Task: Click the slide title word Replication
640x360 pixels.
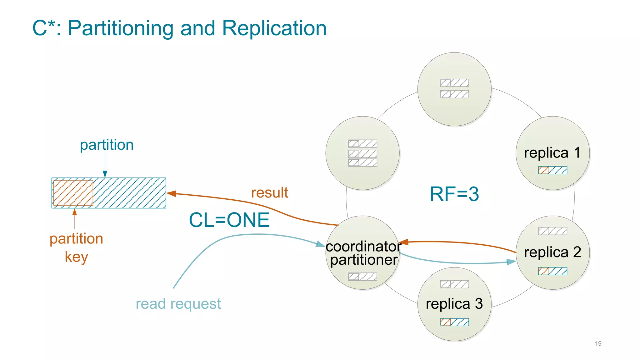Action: (x=274, y=28)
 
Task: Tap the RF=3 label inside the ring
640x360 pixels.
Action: (x=454, y=194)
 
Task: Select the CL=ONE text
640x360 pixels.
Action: (x=229, y=220)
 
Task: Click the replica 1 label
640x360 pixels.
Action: (x=552, y=153)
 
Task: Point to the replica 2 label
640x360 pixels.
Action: (x=552, y=252)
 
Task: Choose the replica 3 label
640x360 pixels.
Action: (x=454, y=304)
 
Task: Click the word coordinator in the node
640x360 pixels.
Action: (x=363, y=247)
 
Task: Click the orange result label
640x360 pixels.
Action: (x=269, y=192)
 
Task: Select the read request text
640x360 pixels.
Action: (x=178, y=304)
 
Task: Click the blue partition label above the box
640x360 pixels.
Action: (x=107, y=145)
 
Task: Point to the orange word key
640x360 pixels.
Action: (x=76, y=257)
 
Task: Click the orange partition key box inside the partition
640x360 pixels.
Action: (x=73, y=193)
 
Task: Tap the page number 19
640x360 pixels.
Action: (x=598, y=343)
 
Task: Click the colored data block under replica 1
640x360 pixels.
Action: (x=552, y=170)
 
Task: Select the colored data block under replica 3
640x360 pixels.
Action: (x=454, y=322)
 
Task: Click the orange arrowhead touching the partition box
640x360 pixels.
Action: (x=171, y=194)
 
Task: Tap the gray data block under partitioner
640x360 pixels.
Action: (x=362, y=277)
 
